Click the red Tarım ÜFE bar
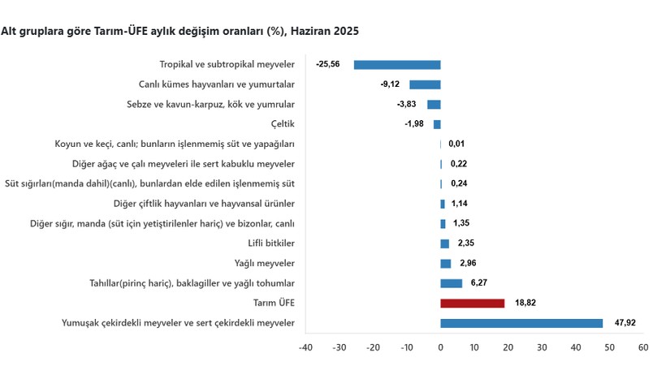tap(472, 303)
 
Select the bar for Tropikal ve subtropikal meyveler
tap(397, 65)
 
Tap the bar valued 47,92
tap(521, 323)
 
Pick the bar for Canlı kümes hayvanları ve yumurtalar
tap(425, 84)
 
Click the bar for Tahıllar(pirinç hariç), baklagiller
tap(451, 283)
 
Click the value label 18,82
tap(525, 303)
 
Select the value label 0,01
tap(457, 144)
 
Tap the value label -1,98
tap(415, 124)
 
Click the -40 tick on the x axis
tap(305, 347)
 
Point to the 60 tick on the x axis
tap(642, 347)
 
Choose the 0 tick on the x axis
tap(440, 347)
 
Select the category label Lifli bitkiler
tap(271, 243)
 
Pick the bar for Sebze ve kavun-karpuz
tap(434, 105)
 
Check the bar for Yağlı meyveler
tap(445, 263)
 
